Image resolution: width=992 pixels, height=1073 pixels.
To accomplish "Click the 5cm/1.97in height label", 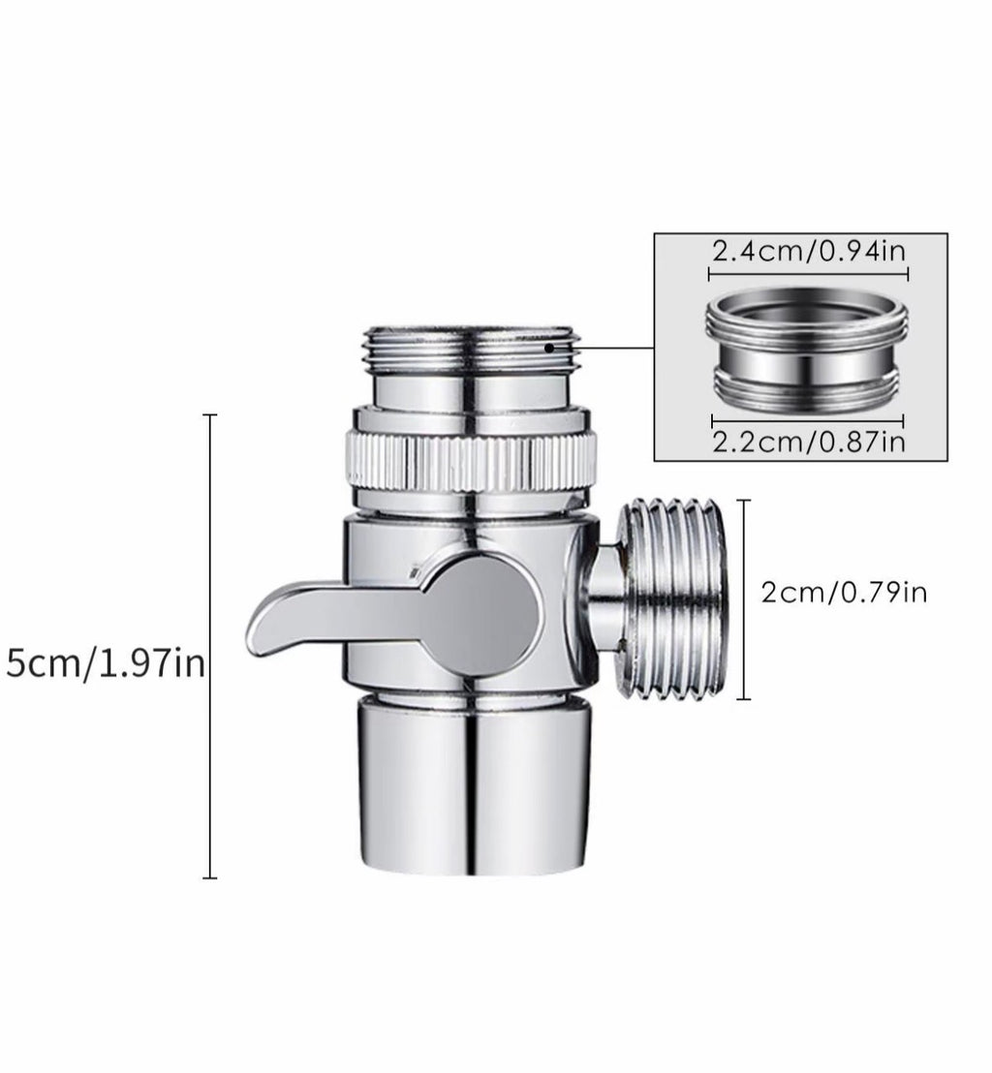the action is coord(106,662).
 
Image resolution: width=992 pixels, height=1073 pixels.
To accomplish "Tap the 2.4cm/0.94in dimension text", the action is coord(809,251).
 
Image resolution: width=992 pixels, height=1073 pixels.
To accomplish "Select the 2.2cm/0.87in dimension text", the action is coord(809,442).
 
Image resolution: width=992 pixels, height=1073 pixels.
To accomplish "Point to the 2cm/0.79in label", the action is coord(844,592).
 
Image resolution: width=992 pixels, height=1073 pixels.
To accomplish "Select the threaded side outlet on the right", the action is coord(669,599).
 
